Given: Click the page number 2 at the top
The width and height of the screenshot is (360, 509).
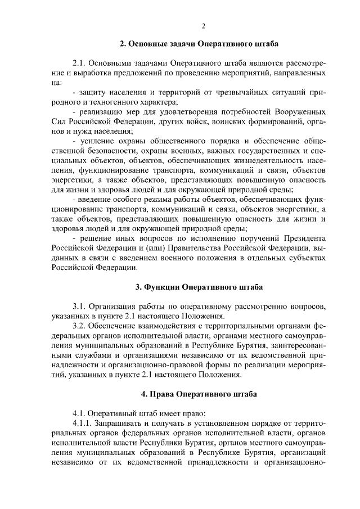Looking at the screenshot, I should (204, 26).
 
